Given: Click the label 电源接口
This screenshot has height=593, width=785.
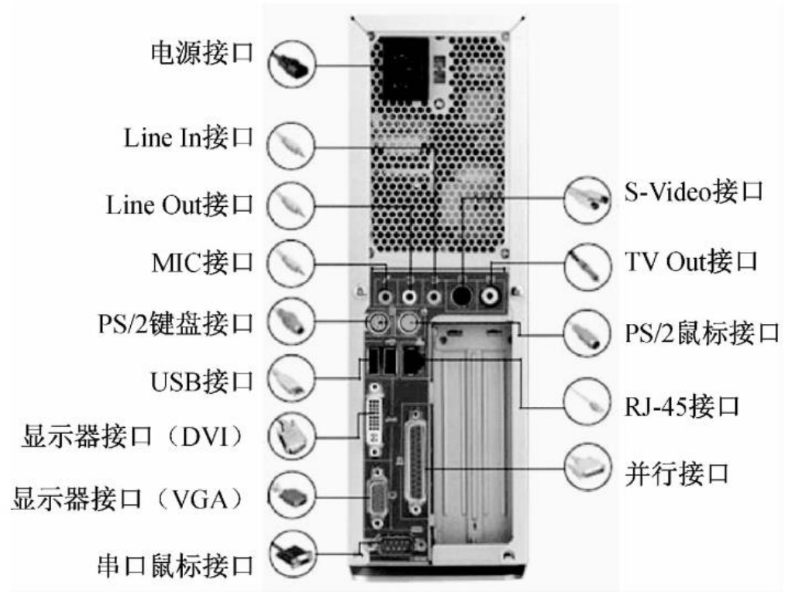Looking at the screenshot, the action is tap(202, 53).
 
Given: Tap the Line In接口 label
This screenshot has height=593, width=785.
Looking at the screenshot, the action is tap(189, 137).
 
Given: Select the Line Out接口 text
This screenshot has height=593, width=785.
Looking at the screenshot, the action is tap(180, 205).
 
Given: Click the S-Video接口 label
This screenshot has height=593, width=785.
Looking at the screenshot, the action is tap(694, 191).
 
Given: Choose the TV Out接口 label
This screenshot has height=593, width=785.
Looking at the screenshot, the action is tap(691, 261).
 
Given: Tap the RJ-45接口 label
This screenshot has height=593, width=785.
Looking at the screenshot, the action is tap(682, 406).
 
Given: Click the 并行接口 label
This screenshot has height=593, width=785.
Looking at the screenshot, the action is tap(677, 474).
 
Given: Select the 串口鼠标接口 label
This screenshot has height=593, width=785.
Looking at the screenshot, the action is tap(175, 566).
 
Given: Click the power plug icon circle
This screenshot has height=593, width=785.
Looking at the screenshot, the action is tap(292, 64).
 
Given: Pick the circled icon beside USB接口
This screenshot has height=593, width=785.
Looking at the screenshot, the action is tap(292, 378).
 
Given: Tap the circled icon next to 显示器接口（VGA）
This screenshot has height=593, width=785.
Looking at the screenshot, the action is tap(292, 496).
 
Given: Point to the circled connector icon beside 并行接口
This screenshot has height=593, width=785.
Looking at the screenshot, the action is tap(587, 467).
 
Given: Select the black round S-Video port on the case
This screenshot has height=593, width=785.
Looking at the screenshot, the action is tap(460, 296).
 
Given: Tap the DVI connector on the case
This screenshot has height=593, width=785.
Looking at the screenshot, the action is tap(374, 419).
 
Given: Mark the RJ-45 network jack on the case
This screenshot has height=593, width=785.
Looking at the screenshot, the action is tap(413, 360).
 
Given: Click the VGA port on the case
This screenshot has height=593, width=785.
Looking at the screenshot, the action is tap(377, 498).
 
